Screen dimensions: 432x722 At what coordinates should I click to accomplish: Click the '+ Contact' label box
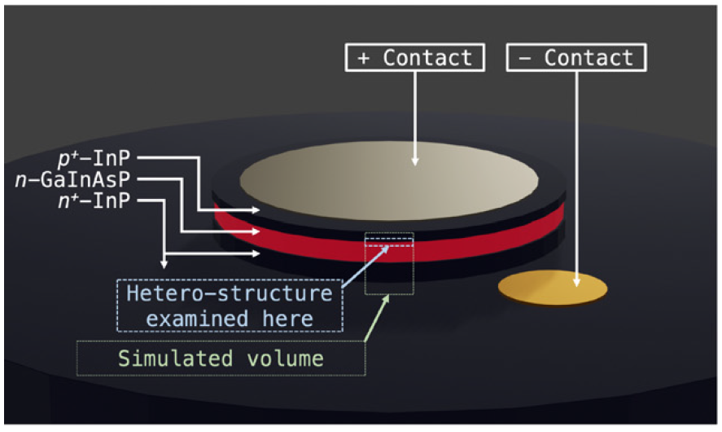(415, 58)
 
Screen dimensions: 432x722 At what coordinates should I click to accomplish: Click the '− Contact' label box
(576, 58)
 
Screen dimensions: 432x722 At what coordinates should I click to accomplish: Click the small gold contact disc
(553, 287)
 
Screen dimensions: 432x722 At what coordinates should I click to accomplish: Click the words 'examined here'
(230, 317)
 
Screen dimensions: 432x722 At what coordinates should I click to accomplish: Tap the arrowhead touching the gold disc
(576, 281)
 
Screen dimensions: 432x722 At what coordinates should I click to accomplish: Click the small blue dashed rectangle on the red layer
(389, 240)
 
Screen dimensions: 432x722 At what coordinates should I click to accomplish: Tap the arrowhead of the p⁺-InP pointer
(256, 210)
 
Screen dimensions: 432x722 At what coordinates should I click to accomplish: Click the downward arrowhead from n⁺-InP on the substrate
(164, 262)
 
